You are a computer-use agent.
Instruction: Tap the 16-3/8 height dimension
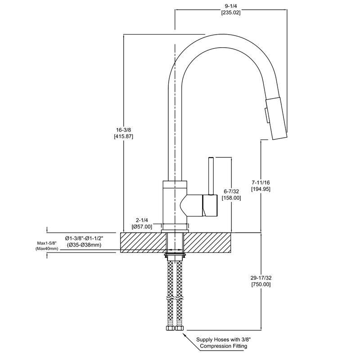click(x=124, y=130)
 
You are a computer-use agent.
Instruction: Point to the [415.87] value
click(x=124, y=136)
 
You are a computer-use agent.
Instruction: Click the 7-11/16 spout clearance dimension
click(x=261, y=182)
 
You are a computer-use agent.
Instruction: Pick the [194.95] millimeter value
click(x=261, y=189)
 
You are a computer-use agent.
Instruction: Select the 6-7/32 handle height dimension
click(x=232, y=191)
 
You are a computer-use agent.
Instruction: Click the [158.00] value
click(x=232, y=198)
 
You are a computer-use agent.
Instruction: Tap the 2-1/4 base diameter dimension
click(x=142, y=220)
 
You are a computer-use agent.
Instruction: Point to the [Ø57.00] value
click(x=142, y=227)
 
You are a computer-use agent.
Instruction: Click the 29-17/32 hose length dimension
click(x=261, y=278)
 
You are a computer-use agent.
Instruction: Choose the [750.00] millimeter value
click(x=261, y=284)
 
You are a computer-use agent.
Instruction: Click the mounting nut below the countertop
click(x=175, y=257)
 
